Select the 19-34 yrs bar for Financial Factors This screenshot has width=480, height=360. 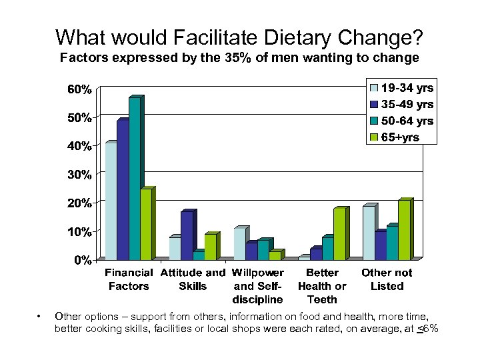point(111,201)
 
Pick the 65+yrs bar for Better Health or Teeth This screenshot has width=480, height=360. point(339,234)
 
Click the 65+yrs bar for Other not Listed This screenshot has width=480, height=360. point(404,230)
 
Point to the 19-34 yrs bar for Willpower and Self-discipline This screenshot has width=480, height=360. point(240,243)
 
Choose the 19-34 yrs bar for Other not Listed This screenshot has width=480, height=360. point(368,233)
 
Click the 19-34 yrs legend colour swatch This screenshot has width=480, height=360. point(374,88)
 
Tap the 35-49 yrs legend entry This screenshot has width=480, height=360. point(406,105)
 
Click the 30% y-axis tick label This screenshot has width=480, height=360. point(79,175)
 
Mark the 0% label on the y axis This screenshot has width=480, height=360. point(81,260)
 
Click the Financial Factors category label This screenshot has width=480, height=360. point(129,279)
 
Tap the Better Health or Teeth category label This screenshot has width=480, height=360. point(322,286)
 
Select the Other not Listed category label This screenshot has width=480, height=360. point(387,279)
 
